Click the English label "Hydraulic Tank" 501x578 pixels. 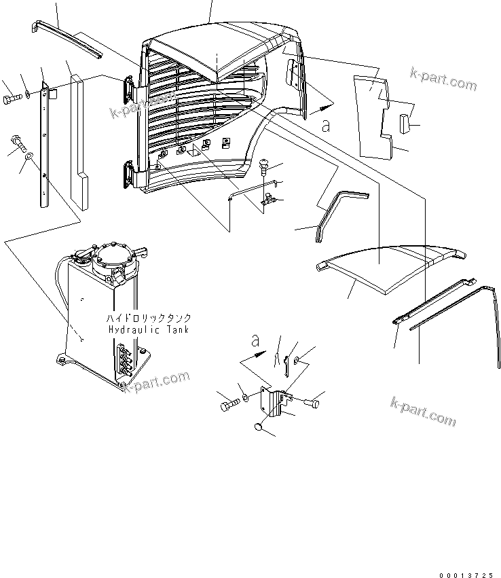[149, 329]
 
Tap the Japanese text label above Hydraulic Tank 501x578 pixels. [148, 318]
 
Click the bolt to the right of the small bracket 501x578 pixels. [313, 403]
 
